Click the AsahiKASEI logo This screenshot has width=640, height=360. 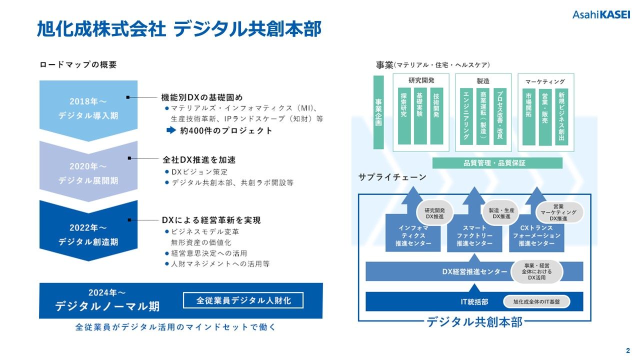tap(601, 15)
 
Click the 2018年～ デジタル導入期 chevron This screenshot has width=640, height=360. tap(88, 108)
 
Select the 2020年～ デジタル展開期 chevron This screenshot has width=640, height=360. tap(88, 173)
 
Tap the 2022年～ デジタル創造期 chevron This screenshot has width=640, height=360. tap(88, 234)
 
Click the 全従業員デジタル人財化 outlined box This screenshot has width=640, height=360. tap(243, 300)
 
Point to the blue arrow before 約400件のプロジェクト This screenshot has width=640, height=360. tap(171, 130)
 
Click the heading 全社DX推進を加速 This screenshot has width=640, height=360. tap(199, 160)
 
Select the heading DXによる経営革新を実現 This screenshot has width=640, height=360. tap(211, 220)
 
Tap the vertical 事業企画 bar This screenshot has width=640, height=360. tap(378, 112)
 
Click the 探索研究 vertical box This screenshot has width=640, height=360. tap(404, 116)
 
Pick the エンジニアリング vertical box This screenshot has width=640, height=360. tap(466, 116)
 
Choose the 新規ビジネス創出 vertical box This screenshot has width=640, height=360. tap(561, 116)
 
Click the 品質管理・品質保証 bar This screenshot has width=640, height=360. tap(497, 163)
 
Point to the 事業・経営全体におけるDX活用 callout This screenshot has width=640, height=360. tap(536, 271)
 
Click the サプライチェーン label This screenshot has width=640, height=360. tap(392, 177)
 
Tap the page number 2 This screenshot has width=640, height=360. tap(627, 350)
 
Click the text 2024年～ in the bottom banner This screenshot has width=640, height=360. tap(106, 292)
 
